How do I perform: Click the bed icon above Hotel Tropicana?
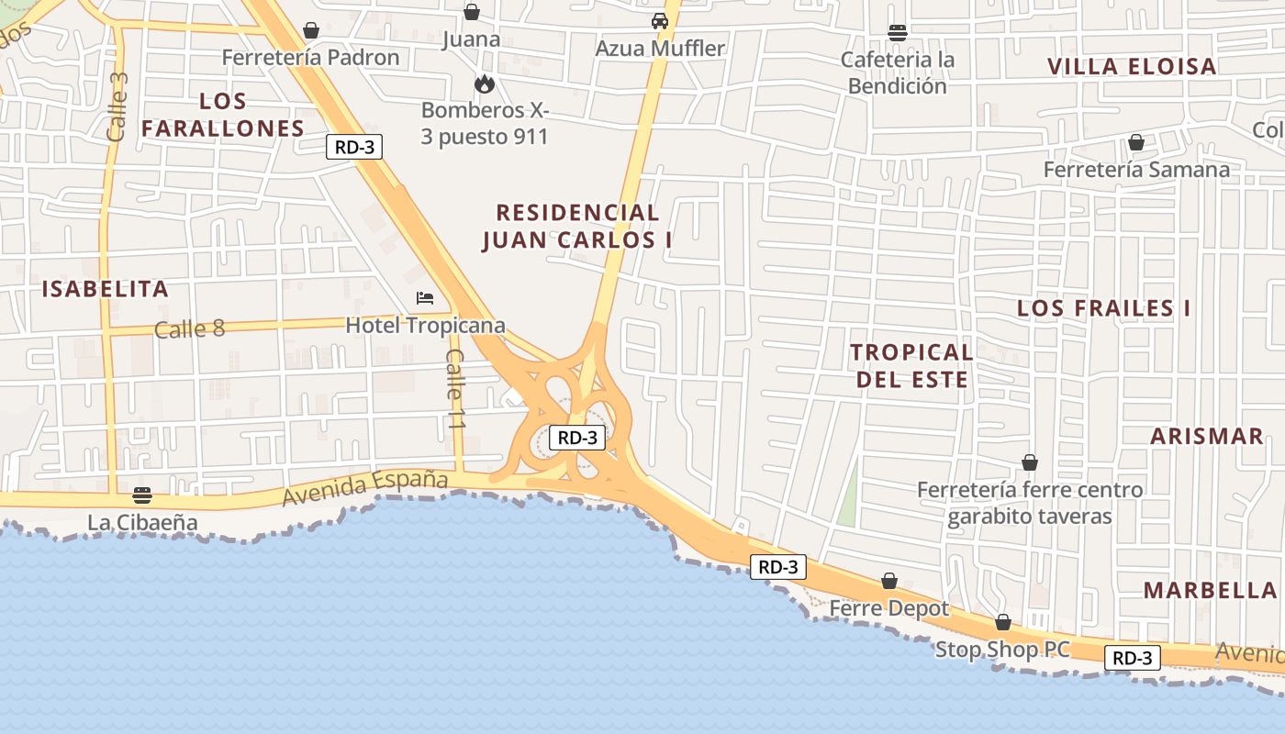pyautogui.click(x=424, y=297)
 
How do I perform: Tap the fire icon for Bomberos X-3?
pyautogui.click(x=485, y=84)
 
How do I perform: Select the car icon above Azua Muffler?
pyautogui.click(x=659, y=20)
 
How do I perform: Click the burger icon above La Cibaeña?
pyautogui.click(x=142, y=495)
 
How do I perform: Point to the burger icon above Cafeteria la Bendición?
pyautogui.click(x=898, y=33)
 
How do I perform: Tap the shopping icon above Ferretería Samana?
pyautogui.click(x=1136, y=142)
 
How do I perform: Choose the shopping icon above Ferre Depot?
pyautogui.click(x=888, y=581)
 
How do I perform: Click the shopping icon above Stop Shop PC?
pyautogui.click(x=1002, y=622)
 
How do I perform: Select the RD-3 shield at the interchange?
pyautogui.click(x=578, y=438)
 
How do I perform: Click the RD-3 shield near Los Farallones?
pyautogui.click(x=354, y=146)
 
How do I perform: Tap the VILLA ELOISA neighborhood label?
pyautogui.click(x=1132, y=66)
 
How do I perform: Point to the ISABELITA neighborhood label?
pyautogui.click(x=106, y=289)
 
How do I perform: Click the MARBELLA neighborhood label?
pyautogui.click(x=1211, y=590)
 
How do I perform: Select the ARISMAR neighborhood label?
pyautogui.click(x=1207, y=436)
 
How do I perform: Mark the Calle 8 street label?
pyautogui.click(x=189, y=328)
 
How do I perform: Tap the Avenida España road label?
pyautogui.click(x=365, y=488)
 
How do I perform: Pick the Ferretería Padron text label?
pyautogui.click(x=311, y=58)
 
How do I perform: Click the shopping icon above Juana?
pyautogui.click(x=472, y=12)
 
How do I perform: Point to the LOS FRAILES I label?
pyautogui.click(x=1103, y=308)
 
